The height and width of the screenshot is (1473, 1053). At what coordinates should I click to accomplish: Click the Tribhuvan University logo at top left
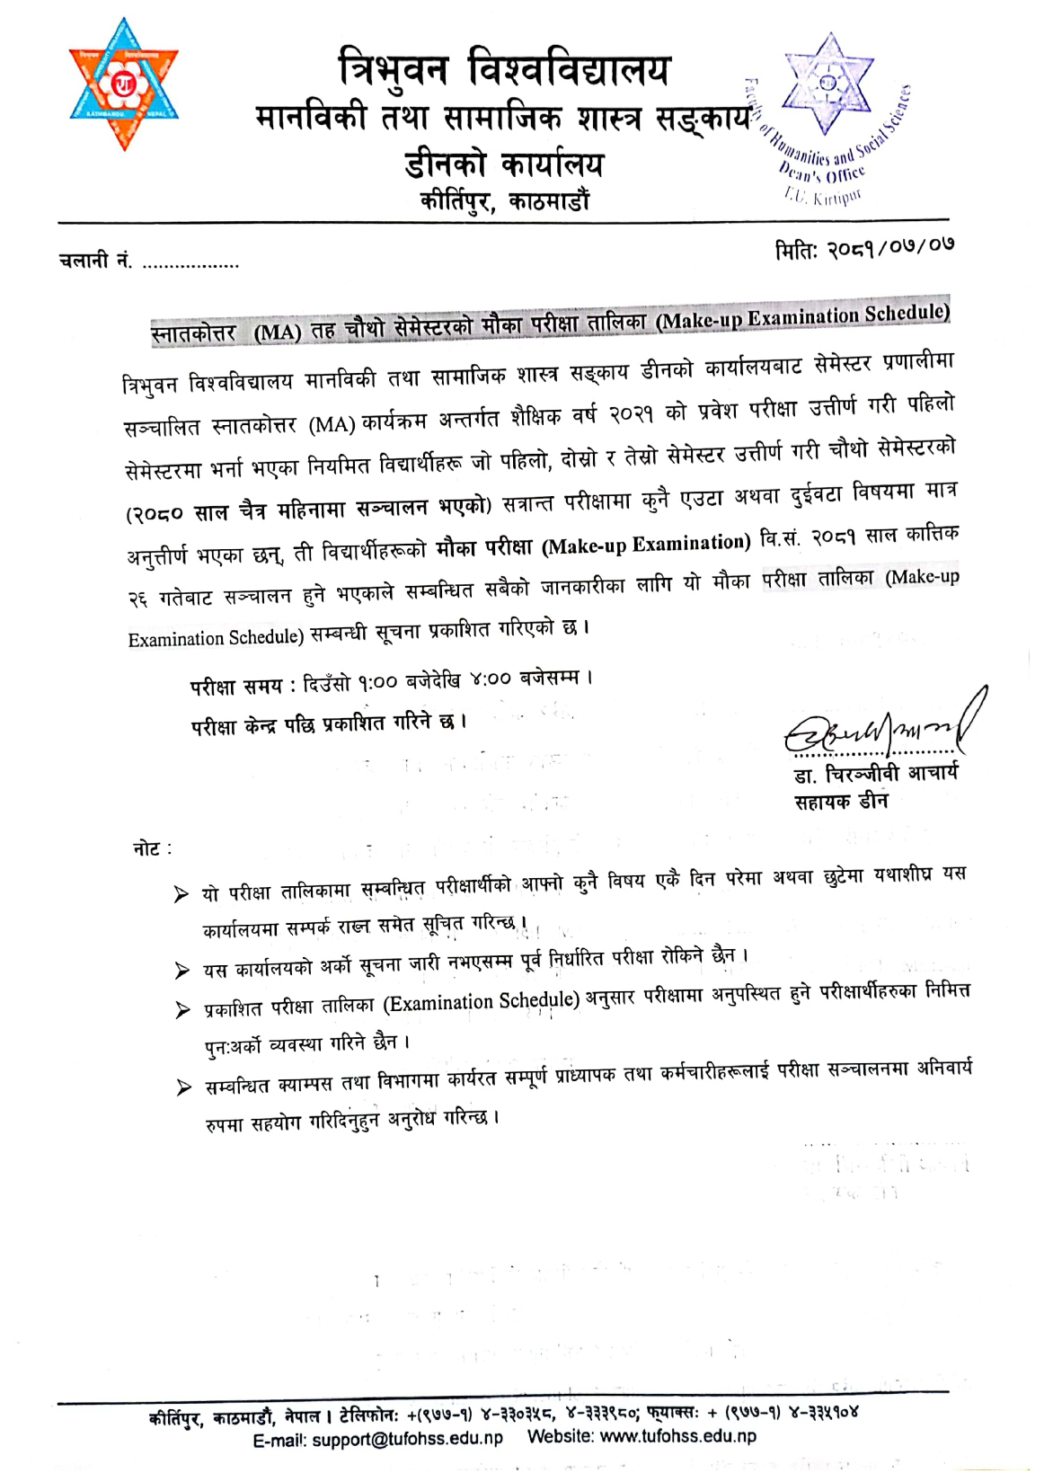124,84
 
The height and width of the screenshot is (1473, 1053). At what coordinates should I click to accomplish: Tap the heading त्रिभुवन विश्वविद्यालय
503,70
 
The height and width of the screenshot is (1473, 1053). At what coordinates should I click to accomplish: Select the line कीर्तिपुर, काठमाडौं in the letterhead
505,200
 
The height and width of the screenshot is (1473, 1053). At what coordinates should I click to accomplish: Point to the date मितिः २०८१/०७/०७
864,246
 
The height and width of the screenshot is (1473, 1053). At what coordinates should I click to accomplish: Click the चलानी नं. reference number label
95,262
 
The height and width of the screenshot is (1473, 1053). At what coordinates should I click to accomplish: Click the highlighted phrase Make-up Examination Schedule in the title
802,316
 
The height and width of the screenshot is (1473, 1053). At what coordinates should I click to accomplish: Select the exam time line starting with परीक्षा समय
391,682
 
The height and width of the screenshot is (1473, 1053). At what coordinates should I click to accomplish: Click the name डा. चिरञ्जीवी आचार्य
876,774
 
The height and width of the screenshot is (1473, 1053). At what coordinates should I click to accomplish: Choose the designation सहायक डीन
841,801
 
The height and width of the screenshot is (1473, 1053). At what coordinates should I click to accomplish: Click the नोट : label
152,848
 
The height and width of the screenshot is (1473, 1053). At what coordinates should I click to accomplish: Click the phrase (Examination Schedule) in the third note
482,1003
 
